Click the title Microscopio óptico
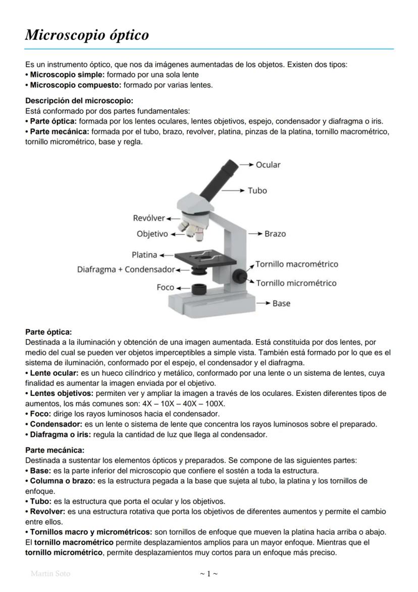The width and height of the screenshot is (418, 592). coord(87,35)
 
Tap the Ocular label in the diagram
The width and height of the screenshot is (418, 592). coord(268,165)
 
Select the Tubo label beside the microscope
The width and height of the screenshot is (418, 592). coord(257,191)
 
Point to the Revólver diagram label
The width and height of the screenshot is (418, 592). coord(148,218)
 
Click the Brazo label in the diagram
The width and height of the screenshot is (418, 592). coord(275,234)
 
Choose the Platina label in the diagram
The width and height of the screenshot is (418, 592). coord(144,255)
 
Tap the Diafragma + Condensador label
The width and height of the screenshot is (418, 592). coord(126,269)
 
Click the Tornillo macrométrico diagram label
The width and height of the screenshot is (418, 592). coord(296,264)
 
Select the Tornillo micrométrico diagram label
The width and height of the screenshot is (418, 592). coord(296,283)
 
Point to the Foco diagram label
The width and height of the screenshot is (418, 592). coord(165,287)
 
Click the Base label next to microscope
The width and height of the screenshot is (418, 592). coord(281,303)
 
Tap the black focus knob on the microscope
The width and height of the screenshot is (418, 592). coord(239,276)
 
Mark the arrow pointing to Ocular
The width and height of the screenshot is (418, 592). coord(246,165)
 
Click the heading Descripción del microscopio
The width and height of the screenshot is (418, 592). coord(79,101)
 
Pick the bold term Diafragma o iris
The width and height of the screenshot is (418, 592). coord(56,434)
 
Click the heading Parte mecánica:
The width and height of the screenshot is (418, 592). coord(55,450)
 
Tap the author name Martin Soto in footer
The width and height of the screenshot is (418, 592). coord(50,574)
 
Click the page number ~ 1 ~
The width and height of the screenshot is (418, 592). coord(208,574)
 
